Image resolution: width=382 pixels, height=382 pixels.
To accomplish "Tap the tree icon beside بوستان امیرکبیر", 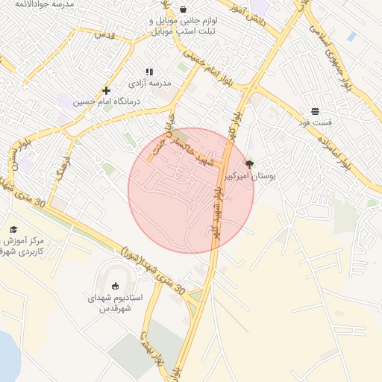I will point(249,163).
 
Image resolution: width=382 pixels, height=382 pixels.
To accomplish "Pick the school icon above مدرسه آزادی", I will point(149,72).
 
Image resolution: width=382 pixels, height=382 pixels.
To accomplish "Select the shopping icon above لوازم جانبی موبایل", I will point(183,9).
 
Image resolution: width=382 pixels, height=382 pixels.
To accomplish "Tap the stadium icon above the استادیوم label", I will point(115,286).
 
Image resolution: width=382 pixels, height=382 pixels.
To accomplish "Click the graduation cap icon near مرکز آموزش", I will point(13,229).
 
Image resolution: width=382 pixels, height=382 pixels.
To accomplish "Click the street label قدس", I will point(104,35).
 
